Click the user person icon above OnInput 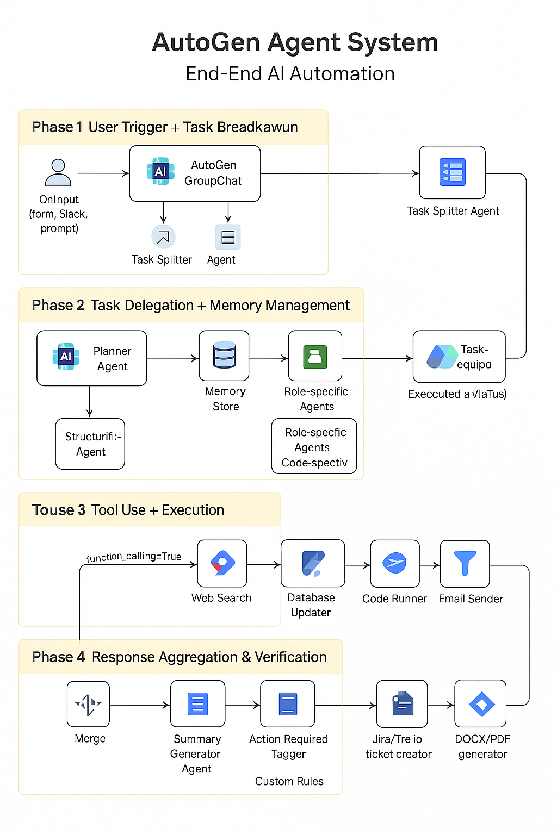click(x=58, y=173)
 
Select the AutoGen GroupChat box click(x=195, y=173)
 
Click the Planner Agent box click(x=91, y=358)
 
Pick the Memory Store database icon click(x=224, y=356)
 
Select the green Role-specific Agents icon click(x=315, y=356)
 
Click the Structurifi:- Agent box click(x=90, y=444)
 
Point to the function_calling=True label click(x=134, y=557)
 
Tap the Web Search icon click(x=222, y=564)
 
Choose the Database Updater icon click(x=313, y=563)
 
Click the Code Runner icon click(x=394, y=563)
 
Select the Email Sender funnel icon click(x=465, y=563)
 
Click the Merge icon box click(x=88, y=704)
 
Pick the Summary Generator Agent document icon click(x=197, y=703)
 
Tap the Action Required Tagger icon click(x=288, y=703)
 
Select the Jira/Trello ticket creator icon click(x=402, y=704)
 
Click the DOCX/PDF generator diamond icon click(x=481, y=704)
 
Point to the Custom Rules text click(x=289, y=781)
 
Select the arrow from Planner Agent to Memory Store click(x=172, y=358)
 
